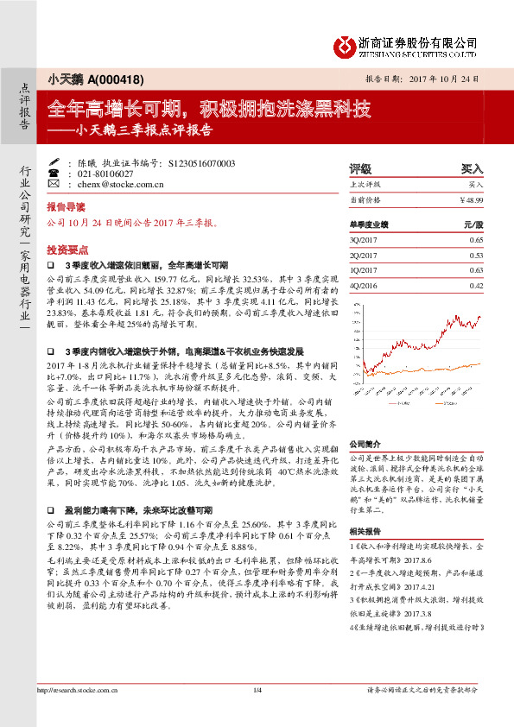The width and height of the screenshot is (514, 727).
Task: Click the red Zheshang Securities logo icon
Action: click(343, 45)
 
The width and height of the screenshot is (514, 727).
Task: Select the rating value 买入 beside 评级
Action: click(472, 169)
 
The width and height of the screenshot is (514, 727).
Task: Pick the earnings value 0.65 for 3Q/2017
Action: click(476, 239)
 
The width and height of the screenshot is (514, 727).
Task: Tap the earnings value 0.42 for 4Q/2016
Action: click(476, 286)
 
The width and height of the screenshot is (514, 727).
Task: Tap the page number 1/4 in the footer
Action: click(257, 713)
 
